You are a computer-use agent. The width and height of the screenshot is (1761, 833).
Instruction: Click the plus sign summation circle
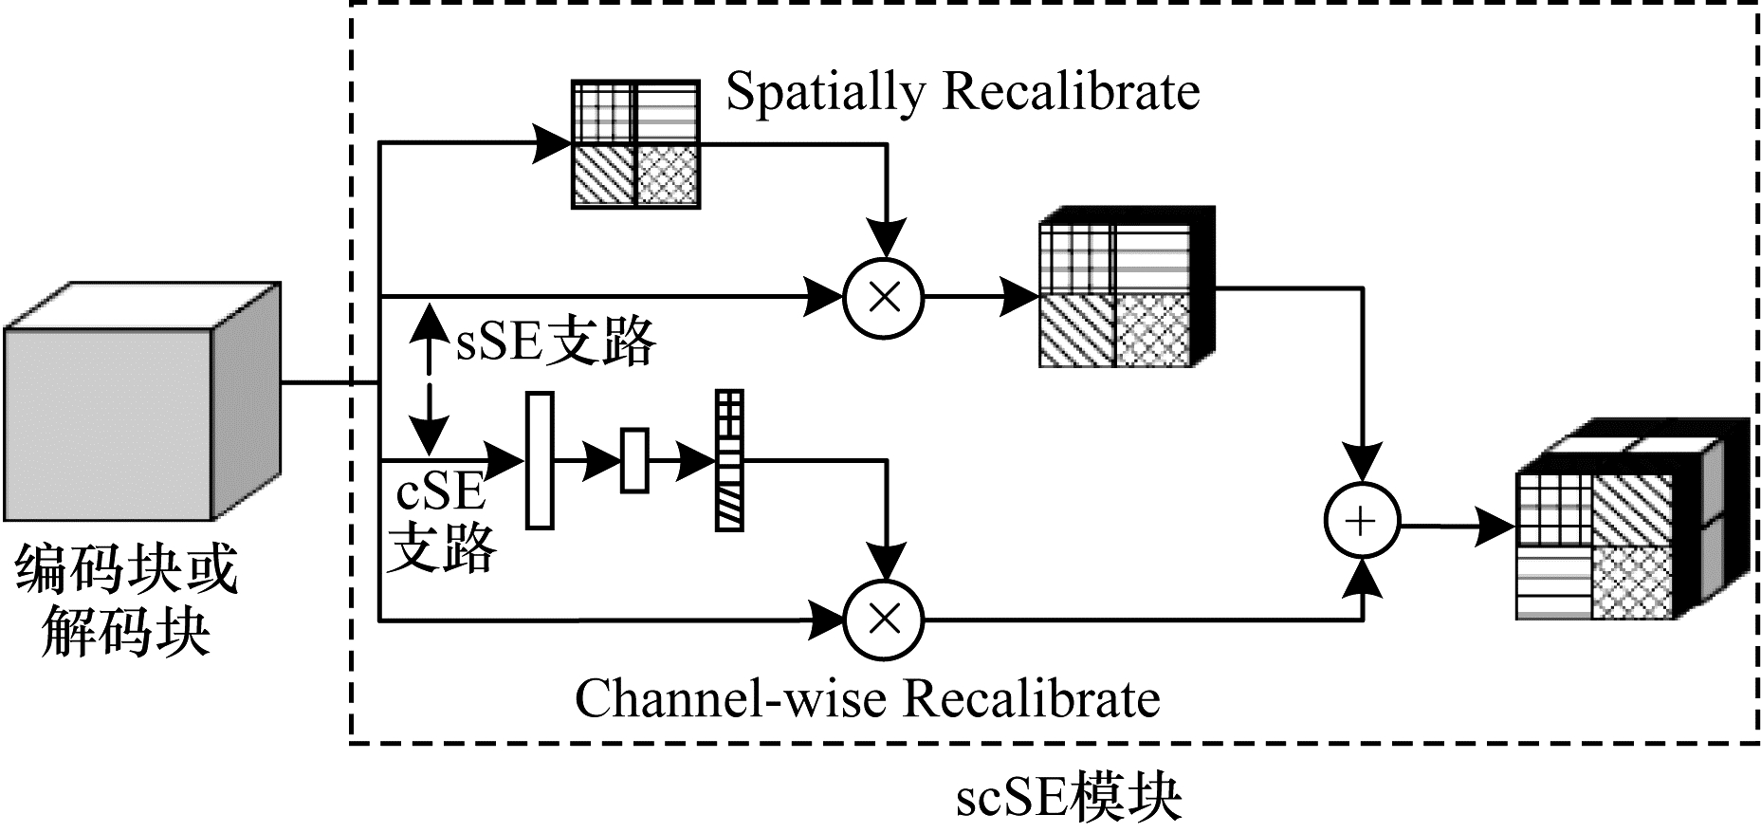coord(1362,521)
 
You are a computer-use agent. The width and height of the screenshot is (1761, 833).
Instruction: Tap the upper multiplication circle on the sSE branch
coord(884,298)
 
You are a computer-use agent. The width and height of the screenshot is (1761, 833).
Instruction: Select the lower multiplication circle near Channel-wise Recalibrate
coord(884,620)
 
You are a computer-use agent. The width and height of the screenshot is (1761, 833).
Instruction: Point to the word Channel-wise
coord(730,699)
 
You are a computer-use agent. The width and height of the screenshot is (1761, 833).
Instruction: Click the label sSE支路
coord(556,341)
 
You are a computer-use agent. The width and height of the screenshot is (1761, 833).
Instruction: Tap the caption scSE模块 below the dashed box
coord(1068,798)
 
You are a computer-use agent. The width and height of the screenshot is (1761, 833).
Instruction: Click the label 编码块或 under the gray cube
coord(126,569)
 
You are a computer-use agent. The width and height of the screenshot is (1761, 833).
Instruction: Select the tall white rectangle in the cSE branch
coord(540,460)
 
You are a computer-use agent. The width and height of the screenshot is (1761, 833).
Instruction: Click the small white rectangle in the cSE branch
coord(634,460)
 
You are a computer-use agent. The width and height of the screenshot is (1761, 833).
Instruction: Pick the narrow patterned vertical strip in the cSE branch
coord(729,460)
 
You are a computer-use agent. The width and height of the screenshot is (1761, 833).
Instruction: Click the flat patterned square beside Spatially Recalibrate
coord(635,144)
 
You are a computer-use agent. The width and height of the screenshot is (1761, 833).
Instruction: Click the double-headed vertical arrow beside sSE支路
coord(431,378)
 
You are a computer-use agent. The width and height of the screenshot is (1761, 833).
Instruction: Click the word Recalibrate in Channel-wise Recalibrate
coord(1032,699)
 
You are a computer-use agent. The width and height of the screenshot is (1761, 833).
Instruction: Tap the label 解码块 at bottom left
coord(126,631)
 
